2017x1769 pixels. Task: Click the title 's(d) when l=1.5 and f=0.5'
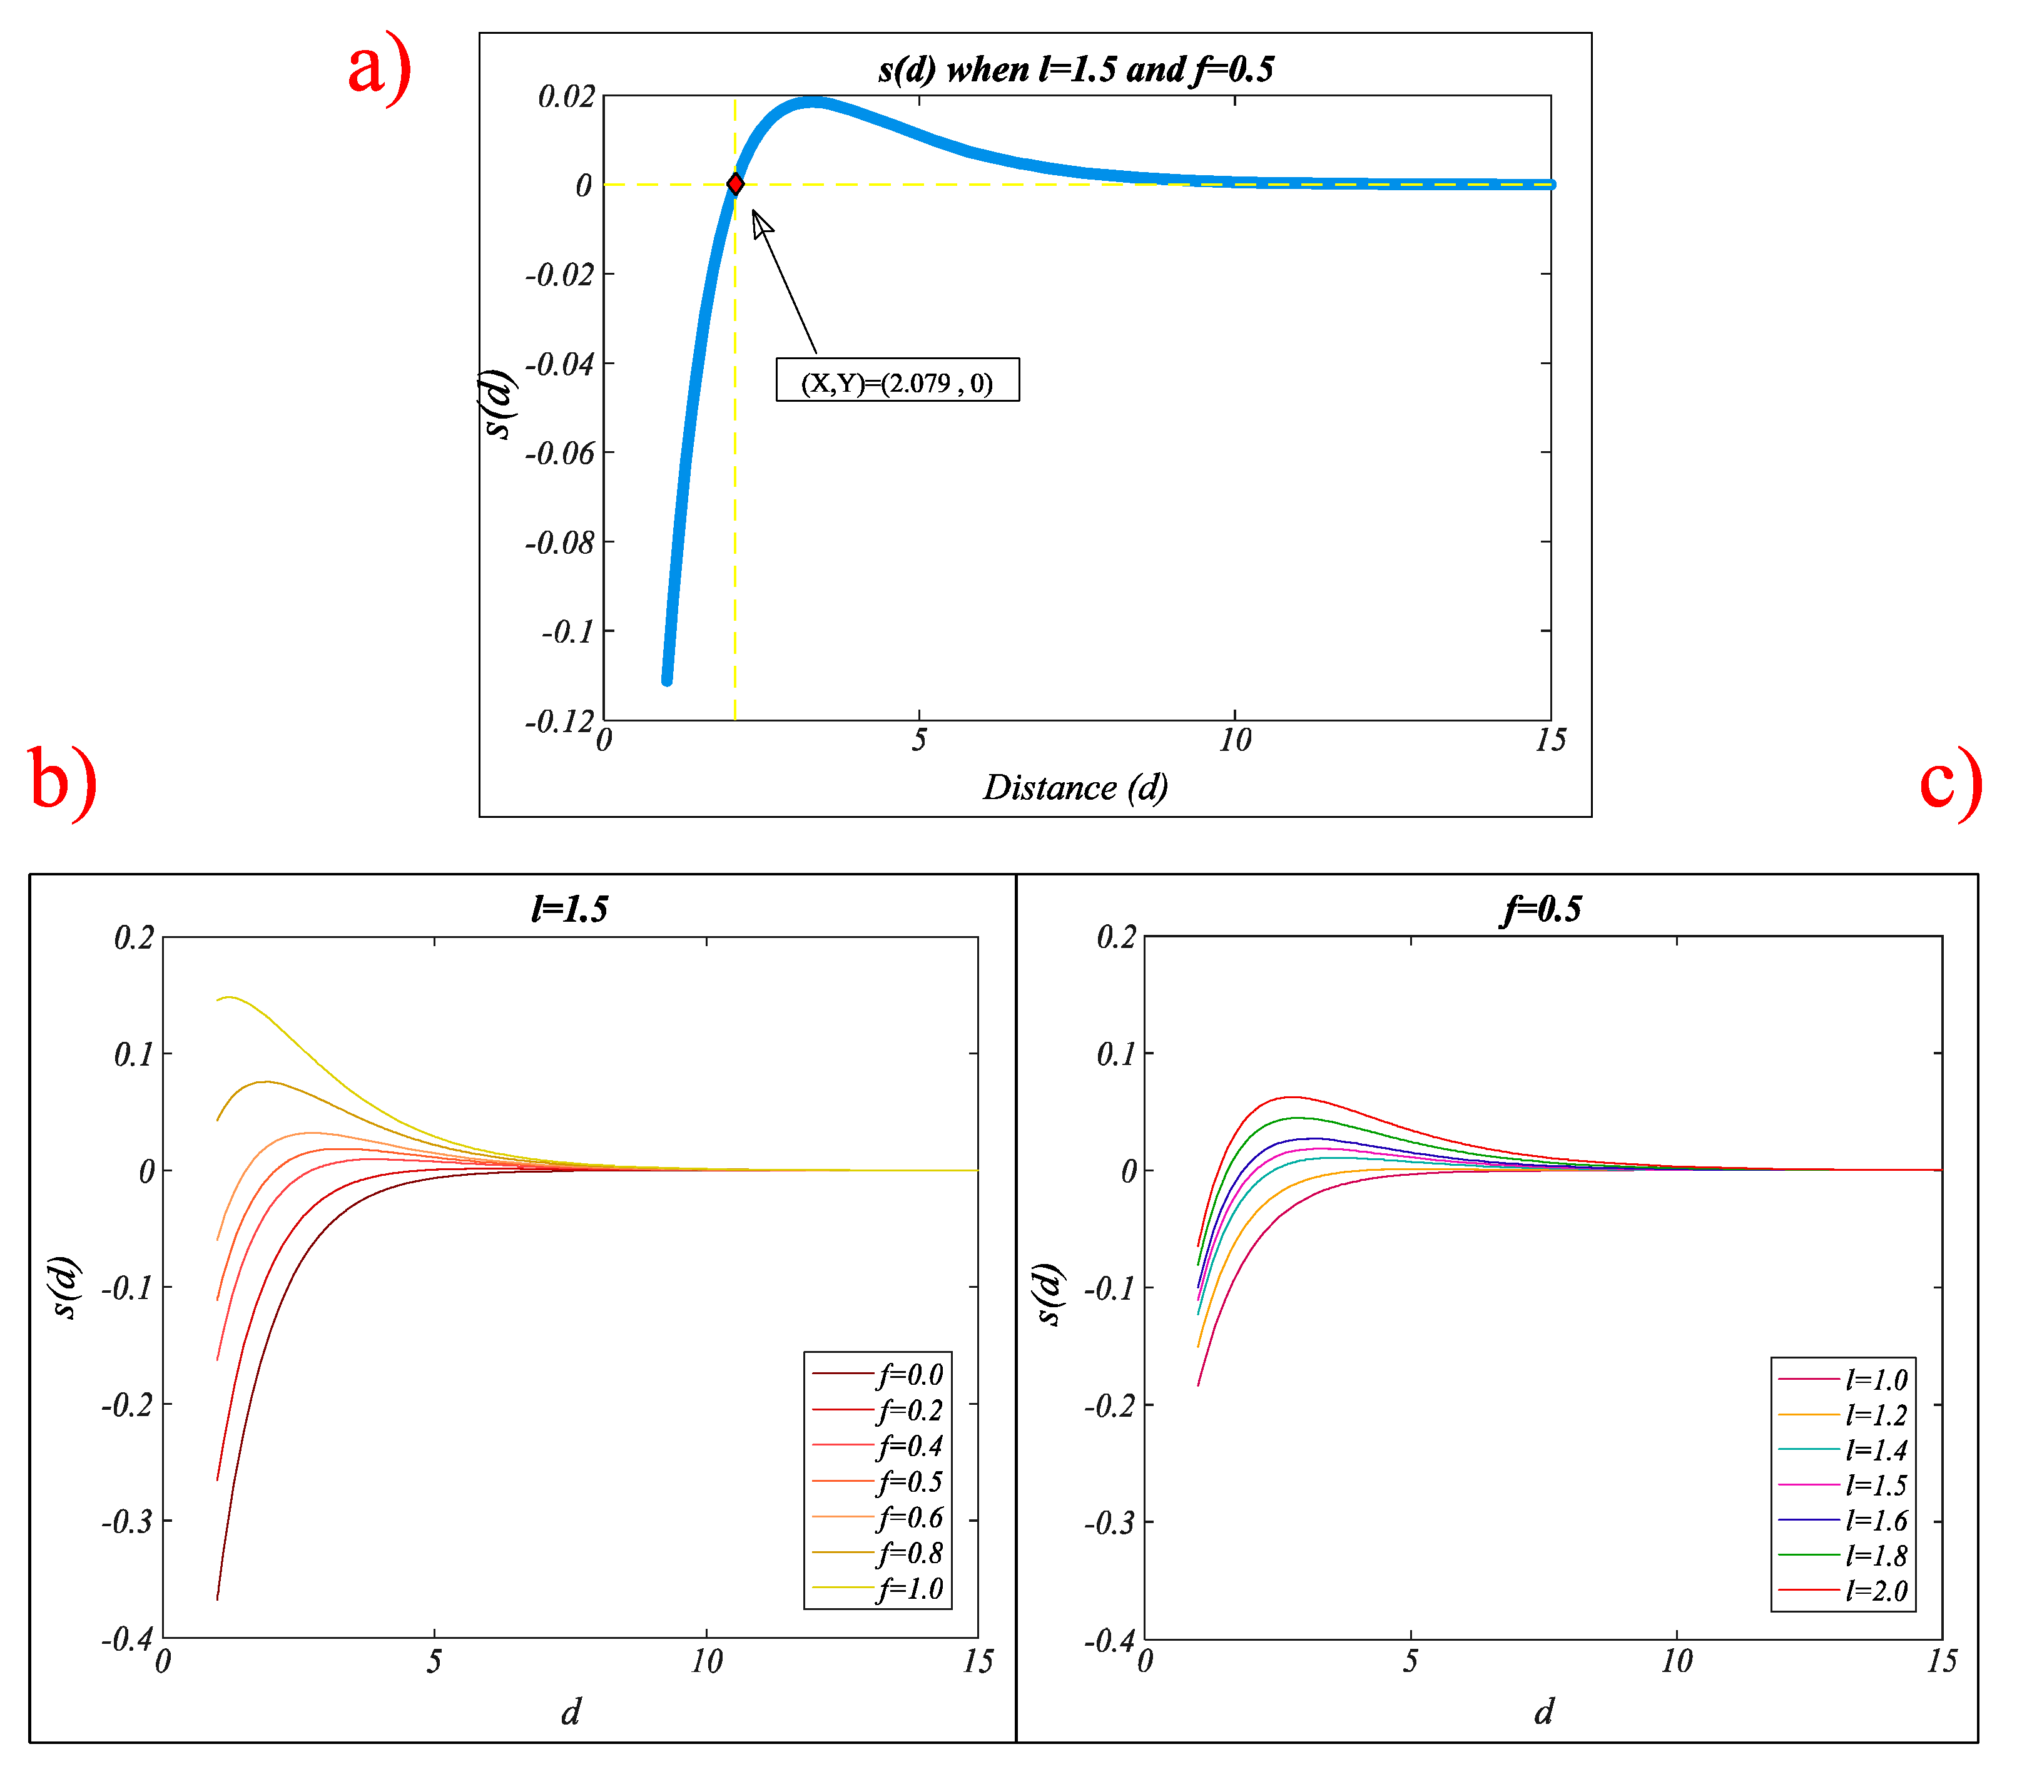coord(1075,69)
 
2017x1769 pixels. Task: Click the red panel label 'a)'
coord(380,67)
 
